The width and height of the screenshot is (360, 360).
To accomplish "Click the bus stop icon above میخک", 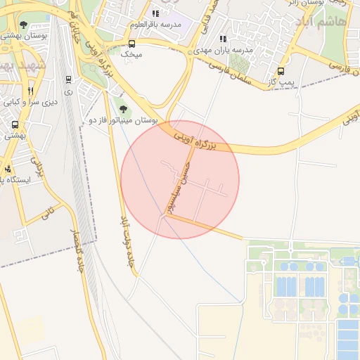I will tap(131, 44).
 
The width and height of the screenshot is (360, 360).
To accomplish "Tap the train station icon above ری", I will tap(68, 80).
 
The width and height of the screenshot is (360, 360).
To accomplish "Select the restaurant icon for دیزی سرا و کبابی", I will tap(30, 91).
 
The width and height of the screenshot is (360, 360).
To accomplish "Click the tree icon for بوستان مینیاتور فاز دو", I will tap(124, 109).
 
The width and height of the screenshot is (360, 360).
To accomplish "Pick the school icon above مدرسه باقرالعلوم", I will tap(155, 13).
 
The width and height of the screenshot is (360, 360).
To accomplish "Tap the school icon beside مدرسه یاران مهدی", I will tap(223, 39).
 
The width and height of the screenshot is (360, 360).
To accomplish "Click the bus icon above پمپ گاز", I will tap(281, 71).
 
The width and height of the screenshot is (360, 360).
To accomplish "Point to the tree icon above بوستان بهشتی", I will tap(24, 25).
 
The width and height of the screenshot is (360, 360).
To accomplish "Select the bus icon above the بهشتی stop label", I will tap(15, 124).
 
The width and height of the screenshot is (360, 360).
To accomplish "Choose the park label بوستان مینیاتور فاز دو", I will tap(121, 121).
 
